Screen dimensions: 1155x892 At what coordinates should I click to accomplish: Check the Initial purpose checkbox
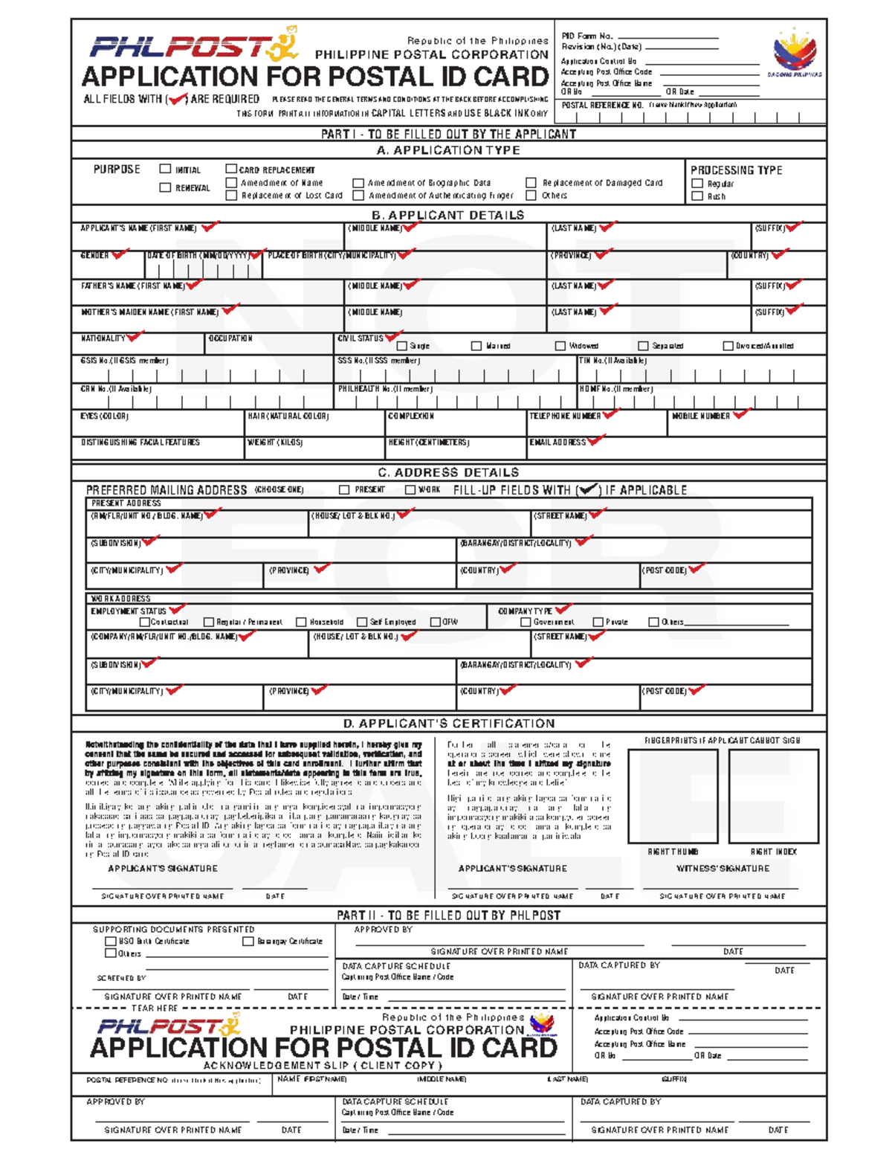click(x=165, y=169)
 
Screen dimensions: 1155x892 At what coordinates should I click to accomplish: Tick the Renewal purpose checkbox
click(x=165, y=187)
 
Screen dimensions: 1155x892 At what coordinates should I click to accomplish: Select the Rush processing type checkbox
click(x=697, y=196)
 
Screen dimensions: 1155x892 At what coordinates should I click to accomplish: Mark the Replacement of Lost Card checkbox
click(x=231, y=196)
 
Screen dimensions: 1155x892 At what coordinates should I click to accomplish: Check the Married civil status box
click(x=476, y=346)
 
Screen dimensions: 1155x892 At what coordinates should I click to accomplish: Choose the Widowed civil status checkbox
click(x=560, y=346)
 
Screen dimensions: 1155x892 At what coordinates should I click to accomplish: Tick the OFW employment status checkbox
click(x=436, y=622)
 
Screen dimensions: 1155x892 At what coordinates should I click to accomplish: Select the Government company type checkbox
click(x=526, y=622)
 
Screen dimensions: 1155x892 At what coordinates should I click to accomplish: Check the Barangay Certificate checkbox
click(x=248, y=941)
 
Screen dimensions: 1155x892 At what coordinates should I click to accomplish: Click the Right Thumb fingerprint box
click(x=673, y=796)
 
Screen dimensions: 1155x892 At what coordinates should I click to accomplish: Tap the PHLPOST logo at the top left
click(x=193, y=46)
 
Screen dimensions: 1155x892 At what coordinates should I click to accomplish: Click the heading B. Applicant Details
click(x=447, y=215)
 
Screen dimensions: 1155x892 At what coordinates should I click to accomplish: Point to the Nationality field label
click(x=103, y=338)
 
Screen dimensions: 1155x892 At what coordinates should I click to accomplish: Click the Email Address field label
click(x=557, y=443)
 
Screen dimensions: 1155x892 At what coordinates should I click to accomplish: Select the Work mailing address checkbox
click(x=410, y=489)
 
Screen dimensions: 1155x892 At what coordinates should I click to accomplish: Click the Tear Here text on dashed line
click(x=155, y=1008)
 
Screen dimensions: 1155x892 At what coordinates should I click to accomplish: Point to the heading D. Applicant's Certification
click(x=449, y=723)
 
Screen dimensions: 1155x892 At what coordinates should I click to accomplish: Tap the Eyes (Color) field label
click(x=105, y=416)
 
